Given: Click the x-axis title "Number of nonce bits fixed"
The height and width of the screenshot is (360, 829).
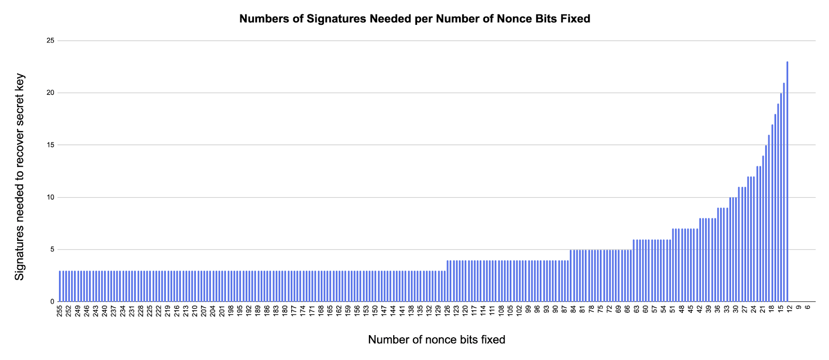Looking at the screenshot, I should pyautogui.click(x=436, y=340).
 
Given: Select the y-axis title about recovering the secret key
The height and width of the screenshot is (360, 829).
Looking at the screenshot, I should pyautogui.click(x=20, y=177).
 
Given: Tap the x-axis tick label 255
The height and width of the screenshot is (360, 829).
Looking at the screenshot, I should pyautogui.click(x=60, y=311).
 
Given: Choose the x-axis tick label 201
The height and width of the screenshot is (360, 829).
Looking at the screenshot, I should pyautogui.click(x=222, y=311).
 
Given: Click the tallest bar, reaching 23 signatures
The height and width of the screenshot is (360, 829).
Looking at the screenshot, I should pyautogui.click(x=787, y=181).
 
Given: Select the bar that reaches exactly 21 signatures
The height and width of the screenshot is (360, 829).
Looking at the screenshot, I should pyautogui.click(x=784, y=192).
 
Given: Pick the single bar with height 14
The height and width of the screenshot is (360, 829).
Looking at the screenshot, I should pyautogui.click(x=763, y=228).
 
